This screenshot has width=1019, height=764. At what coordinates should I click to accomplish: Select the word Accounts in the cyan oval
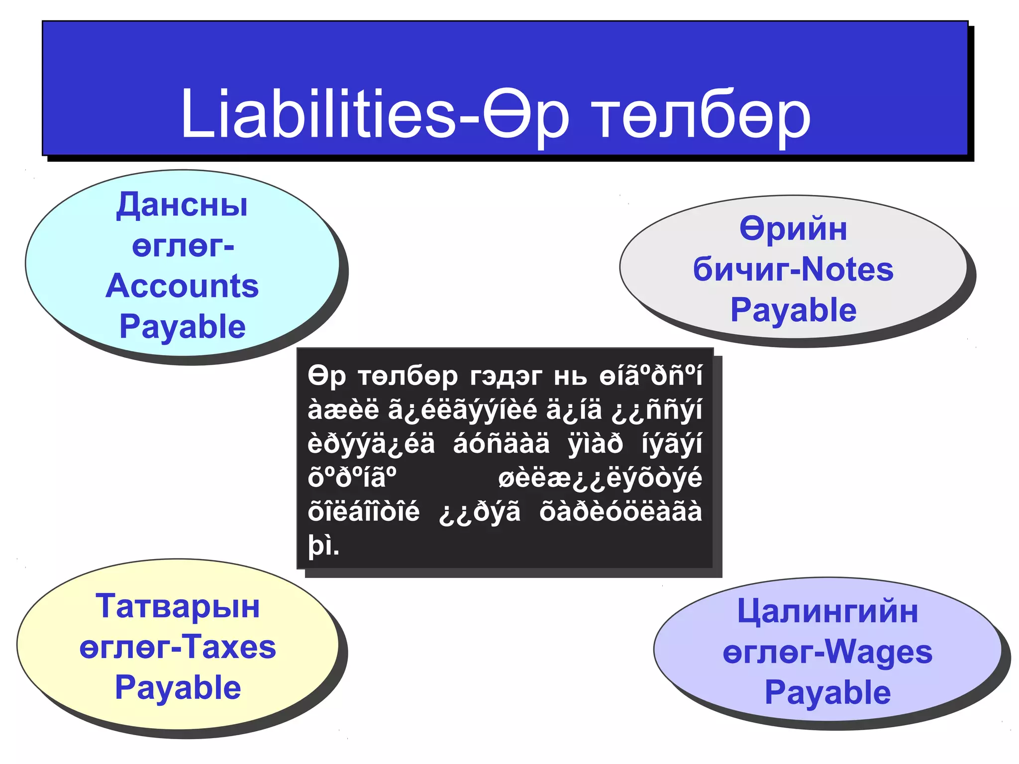click(x=182, y=286)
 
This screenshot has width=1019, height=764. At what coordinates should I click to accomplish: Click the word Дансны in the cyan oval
click(x=182, y=205)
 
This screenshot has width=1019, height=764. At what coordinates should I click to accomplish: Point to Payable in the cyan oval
click(x=183, y=327)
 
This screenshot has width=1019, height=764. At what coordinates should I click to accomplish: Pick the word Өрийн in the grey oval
click(x=793, y=229)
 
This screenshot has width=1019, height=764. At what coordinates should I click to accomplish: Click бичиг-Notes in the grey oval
click(x=793, y=270)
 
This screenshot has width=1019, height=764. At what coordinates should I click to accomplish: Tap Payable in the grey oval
click(x=793, y=310)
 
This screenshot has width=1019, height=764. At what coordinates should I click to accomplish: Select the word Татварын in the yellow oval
click(x=178, y=607)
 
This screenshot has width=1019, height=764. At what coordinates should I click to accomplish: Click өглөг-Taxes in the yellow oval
click(x=178, y=648)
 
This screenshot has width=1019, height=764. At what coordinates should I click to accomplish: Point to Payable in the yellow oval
click(x=178, y=688)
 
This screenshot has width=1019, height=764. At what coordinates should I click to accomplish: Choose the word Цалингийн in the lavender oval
click(x=827, y=611)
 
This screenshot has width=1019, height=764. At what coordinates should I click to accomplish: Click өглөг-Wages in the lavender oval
click(x=827, y=652)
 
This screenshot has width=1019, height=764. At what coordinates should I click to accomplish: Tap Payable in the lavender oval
click(x=827, y=693)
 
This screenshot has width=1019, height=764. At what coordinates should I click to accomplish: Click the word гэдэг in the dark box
click(x=506, y=376)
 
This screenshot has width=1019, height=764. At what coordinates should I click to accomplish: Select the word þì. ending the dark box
click(x=323, y=546)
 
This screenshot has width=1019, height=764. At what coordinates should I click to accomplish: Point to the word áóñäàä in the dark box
click(x=502, y=444)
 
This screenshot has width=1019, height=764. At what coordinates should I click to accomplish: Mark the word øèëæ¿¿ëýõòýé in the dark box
click(x=600, y=478)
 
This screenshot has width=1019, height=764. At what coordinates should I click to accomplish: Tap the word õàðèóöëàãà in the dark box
click(x=620, y=512)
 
